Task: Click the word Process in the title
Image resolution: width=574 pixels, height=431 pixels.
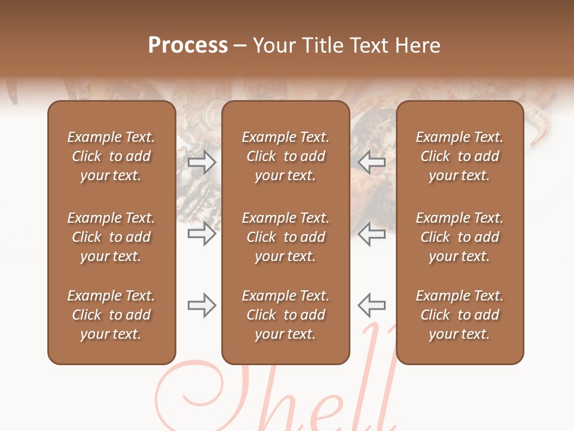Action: pos(188,45)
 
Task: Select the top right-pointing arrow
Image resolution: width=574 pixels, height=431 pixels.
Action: pos(202,162)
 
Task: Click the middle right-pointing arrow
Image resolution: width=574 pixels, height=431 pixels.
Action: pos(202,233)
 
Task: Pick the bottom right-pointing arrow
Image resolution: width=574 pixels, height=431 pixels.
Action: pos(202,305)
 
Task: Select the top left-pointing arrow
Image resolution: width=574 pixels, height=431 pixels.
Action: pos(371,162)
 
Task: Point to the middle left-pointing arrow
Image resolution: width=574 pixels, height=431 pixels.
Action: pos(371,233)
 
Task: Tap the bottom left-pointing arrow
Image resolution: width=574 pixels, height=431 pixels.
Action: pos(371,305)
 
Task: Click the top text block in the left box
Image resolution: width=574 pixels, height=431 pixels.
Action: pos(111,156)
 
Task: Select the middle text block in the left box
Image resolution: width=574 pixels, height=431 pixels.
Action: pos(111,237)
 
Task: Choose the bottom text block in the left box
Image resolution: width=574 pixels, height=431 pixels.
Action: pos(111,315)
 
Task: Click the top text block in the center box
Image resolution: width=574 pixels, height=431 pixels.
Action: pos(286,156)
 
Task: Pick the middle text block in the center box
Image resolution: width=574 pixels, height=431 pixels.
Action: pos(286,237)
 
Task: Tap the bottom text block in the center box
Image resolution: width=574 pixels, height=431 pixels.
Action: pos(286,315)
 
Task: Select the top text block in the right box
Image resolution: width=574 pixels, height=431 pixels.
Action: pos(460,156)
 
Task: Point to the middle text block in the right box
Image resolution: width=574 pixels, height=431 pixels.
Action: pos(460,237)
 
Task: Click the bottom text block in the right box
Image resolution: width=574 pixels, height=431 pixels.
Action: pos(460,315)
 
